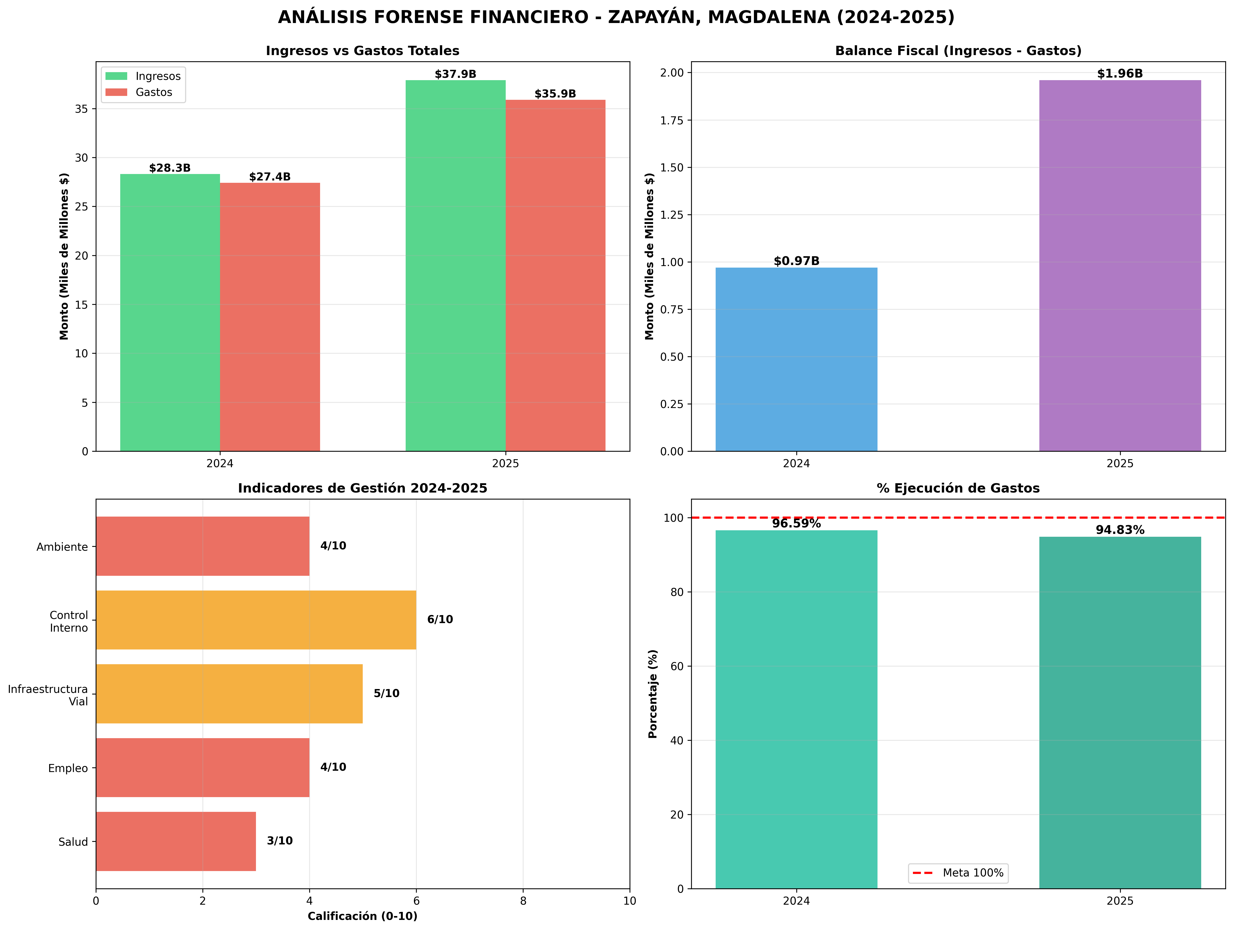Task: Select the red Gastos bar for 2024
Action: point(270,317)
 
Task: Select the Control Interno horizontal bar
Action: point(256,620)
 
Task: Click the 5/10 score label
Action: point(386,694)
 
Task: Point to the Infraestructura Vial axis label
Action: point(48,695)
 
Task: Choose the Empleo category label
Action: point(68,768)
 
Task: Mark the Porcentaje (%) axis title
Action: point(653,694)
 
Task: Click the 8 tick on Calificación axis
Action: point(523,901)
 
